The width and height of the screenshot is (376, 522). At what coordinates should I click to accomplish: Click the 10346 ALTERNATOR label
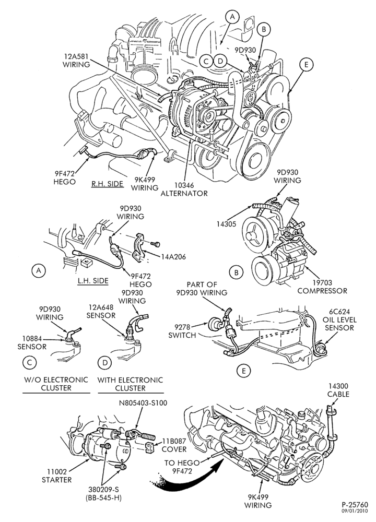click(184, 189)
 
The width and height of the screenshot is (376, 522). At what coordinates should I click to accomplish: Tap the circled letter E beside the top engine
click(307, 65)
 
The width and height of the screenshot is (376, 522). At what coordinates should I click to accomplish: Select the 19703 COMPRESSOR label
click(322, 287)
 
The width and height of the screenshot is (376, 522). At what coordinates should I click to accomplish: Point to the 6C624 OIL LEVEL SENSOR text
click(339, 319)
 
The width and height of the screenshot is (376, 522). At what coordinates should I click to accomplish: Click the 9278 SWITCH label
click(182, 331)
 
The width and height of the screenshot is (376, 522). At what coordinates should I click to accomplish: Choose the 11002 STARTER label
click(56, 476)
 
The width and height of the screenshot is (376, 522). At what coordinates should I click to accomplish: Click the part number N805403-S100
click(143, 403)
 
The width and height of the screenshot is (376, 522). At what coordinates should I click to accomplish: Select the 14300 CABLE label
click(338, 390)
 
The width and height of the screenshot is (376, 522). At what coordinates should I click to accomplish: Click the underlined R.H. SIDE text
click(108, 183)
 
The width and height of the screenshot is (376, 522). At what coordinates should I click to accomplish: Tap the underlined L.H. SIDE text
click(93, 280)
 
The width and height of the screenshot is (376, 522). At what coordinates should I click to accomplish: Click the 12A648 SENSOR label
click(102, 311)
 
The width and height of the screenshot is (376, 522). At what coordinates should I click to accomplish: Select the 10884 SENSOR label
click(32, 343)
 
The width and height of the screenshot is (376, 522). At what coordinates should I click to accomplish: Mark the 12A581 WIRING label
click(76, 61)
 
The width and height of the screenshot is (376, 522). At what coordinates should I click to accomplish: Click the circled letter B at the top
click(263, 29)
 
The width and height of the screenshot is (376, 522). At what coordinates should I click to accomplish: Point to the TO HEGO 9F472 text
click(182, 467)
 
